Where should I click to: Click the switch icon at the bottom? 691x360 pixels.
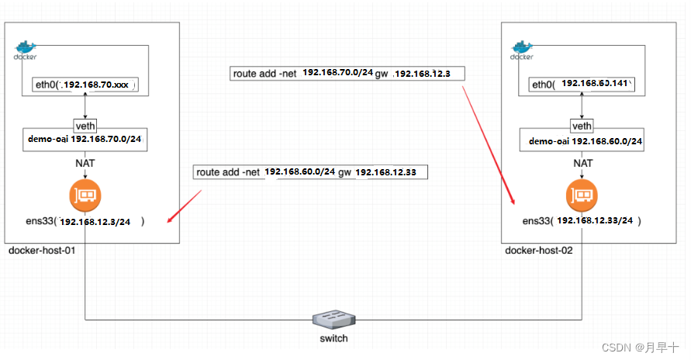(x=335, y=319)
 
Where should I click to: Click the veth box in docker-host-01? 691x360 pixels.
(x=85, y=126)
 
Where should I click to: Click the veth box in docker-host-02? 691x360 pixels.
(x=582, y=126)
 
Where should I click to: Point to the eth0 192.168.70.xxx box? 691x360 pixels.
(x=85, y=85)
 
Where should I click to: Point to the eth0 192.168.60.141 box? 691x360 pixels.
(x=582, y=85)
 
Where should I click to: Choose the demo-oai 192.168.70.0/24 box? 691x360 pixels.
(x=85, y=140)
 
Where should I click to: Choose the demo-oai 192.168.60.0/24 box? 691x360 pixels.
(x=582, y=141)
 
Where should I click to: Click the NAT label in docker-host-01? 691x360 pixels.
(x=85, y=163)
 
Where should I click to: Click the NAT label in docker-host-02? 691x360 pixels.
(x=582, y=163)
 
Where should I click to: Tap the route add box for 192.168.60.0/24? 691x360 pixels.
(x=311, y=171)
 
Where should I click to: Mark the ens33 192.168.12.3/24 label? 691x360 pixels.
(x=85, y=222)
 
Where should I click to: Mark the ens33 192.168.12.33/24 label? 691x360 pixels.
(x=582, y=221)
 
